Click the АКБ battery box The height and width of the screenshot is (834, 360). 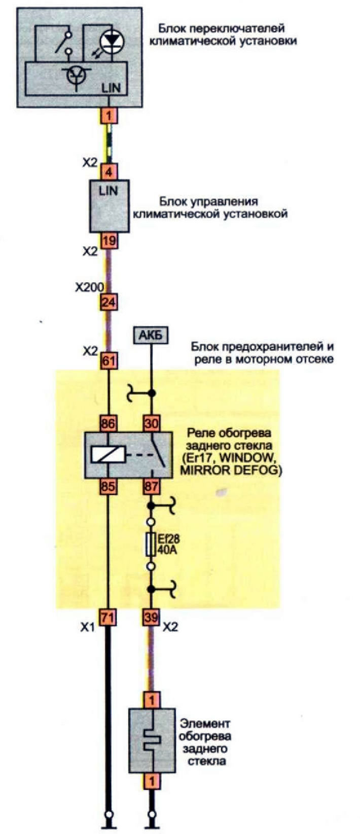pyautogui.click(x=150, y=336)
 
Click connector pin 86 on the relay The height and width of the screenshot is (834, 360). pyautogui.click(x=108, y=423)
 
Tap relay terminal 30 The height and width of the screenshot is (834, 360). pyautogui.click(x=151, y=423)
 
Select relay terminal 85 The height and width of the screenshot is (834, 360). pyautogui.click(x=108, y=487)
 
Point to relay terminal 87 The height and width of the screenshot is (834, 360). pyautogui.click(x=151, y=487)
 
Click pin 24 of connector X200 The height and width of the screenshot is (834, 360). pyautogui.click(x=108, y=303)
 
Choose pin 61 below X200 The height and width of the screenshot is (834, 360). pyautogui.click(x=108, y=361)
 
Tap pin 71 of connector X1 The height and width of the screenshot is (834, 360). pyautogui.click(x=108, y=618)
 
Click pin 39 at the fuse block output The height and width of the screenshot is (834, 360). pyautogui.click(x=151, y=618)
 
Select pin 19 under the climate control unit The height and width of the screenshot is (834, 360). pyautogui.click(x=108, y=240)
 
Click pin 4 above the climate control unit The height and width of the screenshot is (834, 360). pyautogui.click(x=108, y=172)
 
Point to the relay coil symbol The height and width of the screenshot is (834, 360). pyautogui.click(x=108, y=455)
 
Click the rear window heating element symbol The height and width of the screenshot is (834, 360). pyautogui.click(x=151, y=741)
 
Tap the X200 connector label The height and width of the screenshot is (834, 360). pyautogui.click(x=89, y=287)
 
